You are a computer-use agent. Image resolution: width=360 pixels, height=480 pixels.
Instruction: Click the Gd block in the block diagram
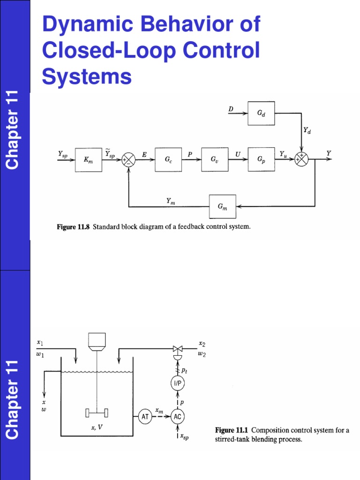(x=261, y=113)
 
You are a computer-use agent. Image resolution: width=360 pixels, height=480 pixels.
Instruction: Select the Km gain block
(x=88, y=159)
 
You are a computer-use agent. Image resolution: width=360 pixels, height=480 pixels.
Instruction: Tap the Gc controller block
(x=168, y=159)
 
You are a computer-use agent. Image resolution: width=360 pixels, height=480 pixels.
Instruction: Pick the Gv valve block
(x=215, y=159)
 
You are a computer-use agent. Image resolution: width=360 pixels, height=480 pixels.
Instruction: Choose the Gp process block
(x=261, y=159)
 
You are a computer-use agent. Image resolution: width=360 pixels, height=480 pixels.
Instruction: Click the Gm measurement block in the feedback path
(x=222, y=206)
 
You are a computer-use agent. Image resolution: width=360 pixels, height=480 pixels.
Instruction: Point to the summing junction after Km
(x=128, y=159)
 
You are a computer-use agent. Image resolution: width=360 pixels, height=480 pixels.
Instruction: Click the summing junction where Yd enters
(x=301, y=159)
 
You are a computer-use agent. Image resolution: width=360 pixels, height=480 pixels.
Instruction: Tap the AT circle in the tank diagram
(x=145, y=416)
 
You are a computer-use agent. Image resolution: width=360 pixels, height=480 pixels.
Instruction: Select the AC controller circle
(x=178, y=416)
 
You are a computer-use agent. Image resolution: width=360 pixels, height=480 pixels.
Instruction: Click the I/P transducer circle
(x=178, y=383)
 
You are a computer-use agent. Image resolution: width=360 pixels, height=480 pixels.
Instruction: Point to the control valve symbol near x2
(x=178, y=349)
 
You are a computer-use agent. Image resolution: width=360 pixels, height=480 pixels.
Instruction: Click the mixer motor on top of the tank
(x=97, y=342)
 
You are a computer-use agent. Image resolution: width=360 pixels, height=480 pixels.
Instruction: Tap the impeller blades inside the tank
(x=97, y=412)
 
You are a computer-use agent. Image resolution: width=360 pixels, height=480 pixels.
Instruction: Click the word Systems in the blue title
(x=87, y=76)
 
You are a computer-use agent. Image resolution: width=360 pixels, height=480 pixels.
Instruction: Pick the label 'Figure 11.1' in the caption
(x=232, y=430)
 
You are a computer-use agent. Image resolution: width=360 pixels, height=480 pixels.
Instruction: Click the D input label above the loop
(x=231, y=109)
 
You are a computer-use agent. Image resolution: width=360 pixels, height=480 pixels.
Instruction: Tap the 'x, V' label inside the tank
(x=97, y=427)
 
